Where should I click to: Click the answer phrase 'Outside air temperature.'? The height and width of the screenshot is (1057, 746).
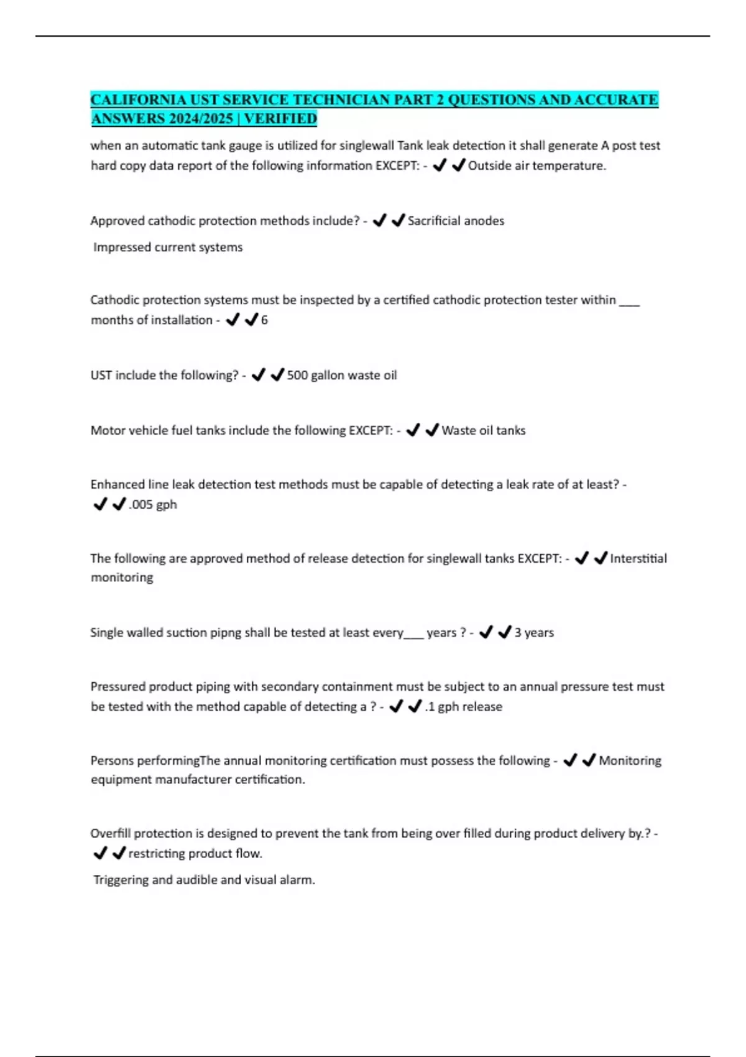(536, 165)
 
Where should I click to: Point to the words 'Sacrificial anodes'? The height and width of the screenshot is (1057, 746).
(456, 221)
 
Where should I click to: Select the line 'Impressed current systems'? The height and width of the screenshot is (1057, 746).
(168, 247)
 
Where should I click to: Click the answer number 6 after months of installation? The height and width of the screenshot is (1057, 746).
(264, 320)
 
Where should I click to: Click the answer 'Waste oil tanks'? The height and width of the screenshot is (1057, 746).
(483, 430)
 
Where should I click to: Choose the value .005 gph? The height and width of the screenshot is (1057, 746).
(152, 504)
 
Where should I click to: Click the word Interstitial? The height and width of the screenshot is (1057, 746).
(638, 558)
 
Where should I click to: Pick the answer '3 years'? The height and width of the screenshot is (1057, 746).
(533, 632)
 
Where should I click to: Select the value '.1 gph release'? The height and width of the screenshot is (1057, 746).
(463, 706)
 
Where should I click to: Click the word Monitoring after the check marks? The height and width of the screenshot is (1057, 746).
(630, 760)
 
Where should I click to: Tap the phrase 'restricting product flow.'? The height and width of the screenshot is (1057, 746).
(195, 853)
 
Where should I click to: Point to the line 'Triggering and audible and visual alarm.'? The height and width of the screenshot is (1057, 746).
(204, 880)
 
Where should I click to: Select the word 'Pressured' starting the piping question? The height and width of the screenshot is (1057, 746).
(116, 686)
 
